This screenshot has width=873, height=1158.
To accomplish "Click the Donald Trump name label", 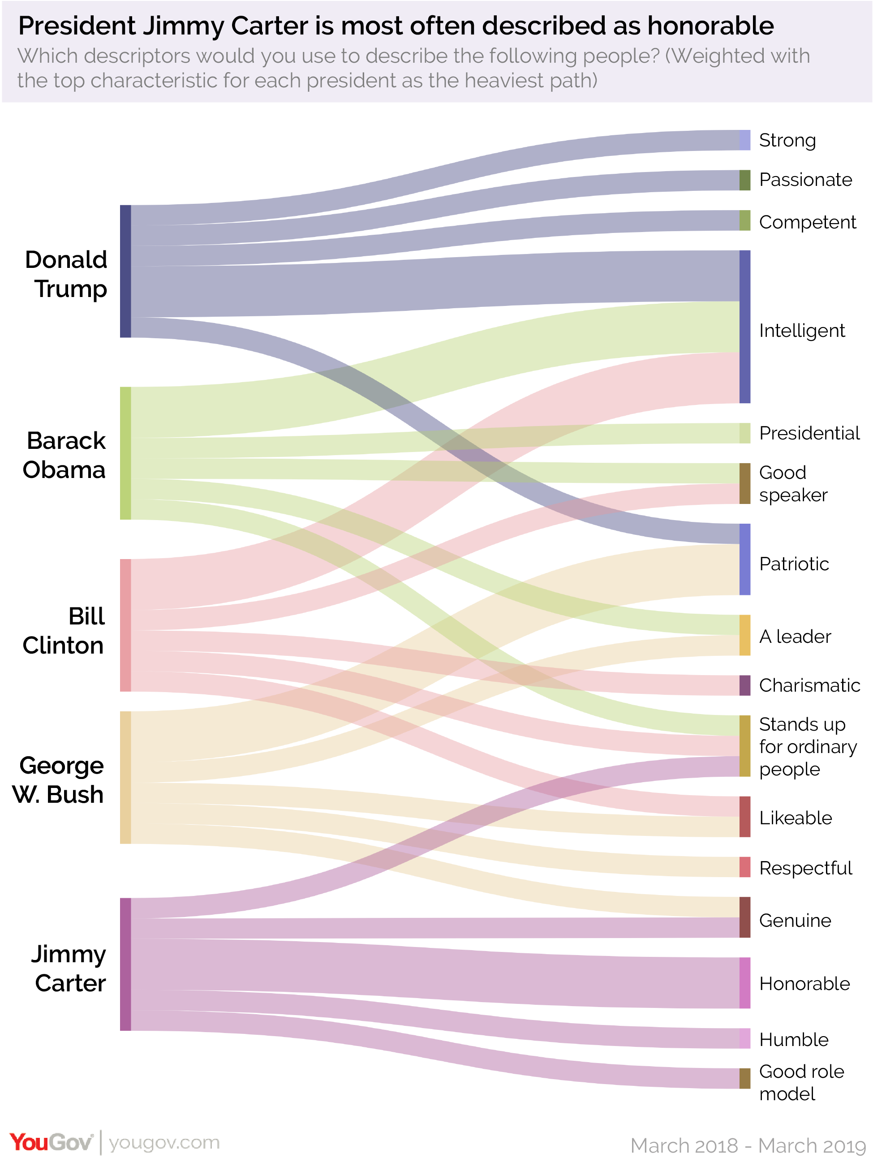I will pos(66,274).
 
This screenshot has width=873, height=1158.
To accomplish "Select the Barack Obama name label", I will pos(65,455).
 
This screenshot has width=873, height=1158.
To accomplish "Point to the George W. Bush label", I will pos(58,779).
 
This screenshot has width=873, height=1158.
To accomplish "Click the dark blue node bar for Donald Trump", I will pos(125,271).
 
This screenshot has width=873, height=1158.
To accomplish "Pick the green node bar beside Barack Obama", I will pos(125,453).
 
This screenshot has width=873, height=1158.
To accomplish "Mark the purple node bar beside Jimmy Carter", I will pos(125,964).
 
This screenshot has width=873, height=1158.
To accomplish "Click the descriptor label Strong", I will pos(787,140).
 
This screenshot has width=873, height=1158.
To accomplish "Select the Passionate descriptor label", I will pos(805,180).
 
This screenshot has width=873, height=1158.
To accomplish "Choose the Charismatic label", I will pos(809,685).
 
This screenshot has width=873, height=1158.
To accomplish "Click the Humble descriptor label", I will pos(793,1039).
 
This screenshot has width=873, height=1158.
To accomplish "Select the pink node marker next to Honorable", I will pos(745,983).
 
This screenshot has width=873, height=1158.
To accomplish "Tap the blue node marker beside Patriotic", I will pos(745,559).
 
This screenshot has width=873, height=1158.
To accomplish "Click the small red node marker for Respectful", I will pos(745,867).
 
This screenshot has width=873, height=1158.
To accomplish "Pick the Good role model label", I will pos(801,1083).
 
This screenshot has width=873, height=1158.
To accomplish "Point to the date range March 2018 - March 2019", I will pos(748,1145).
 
